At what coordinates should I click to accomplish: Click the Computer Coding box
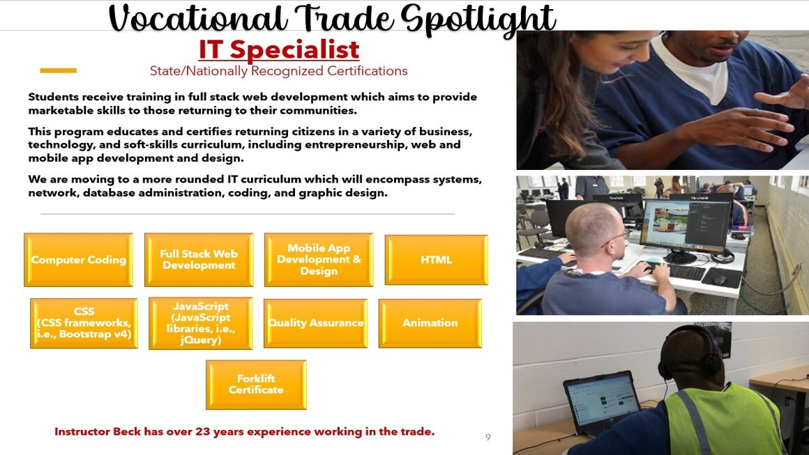tap(78, 260)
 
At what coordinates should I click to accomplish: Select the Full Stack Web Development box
tap(199, 260)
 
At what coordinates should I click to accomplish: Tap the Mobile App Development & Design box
tap(319, 260)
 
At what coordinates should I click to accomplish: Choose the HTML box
tap(436, 260)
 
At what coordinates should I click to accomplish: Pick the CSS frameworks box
tap(84, 323)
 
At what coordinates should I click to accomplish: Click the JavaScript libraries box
tap(201, 323)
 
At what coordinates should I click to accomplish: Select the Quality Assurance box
tap(316, 323)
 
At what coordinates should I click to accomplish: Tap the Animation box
tap(430, 323)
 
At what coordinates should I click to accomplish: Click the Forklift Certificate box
tap(256, 385)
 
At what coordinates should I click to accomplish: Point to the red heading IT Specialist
tap(279, 50)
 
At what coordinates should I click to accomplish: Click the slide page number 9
tap(488, 438)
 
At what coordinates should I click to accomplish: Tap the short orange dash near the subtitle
tap(59, 70)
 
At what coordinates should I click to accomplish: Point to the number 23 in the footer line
tap(202, 432)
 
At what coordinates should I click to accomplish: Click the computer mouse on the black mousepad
tap(720, 279)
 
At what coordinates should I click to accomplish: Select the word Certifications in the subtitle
tap(368, 71)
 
